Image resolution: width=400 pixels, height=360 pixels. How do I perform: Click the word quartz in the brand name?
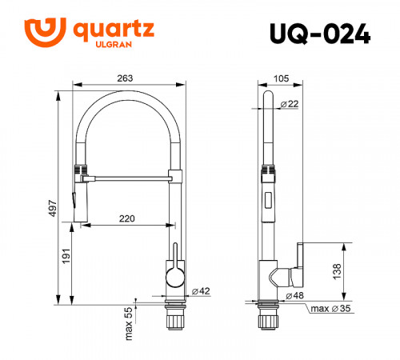click(x=114, y=30)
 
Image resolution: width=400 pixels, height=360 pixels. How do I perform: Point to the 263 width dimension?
click(x=125, y=78)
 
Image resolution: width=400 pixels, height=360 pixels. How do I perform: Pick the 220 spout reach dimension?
click(x=126, y=218)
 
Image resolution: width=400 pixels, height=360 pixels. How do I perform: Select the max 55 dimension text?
click(x=129, y=322)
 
